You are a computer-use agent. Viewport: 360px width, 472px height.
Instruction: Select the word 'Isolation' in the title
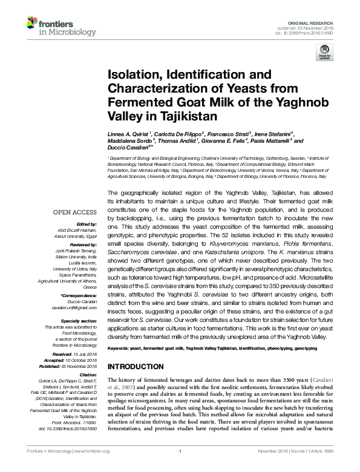(134, 75)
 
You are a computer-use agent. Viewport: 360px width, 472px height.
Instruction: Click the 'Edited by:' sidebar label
(85, 223)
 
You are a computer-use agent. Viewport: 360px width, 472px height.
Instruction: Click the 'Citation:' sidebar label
(88, 375)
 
